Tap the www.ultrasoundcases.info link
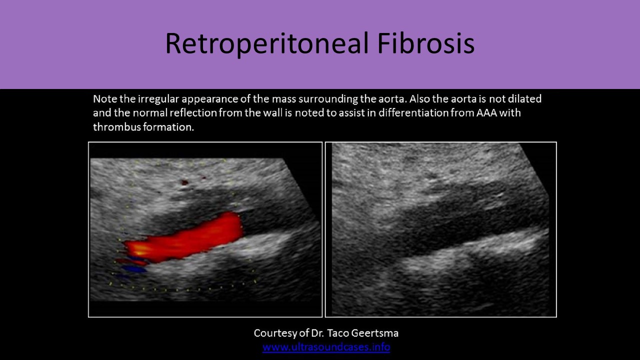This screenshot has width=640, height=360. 326,347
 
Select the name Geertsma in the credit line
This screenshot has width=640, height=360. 374,333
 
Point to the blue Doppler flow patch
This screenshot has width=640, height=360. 133,269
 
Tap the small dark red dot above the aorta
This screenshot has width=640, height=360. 184,182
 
